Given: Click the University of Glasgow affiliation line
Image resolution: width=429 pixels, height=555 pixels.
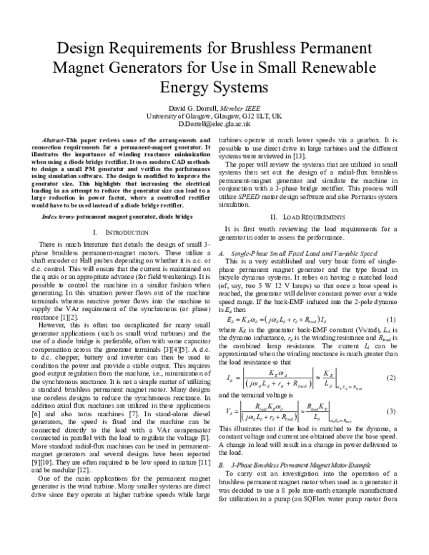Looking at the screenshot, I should pyautogui.click(x=214, y=114).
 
